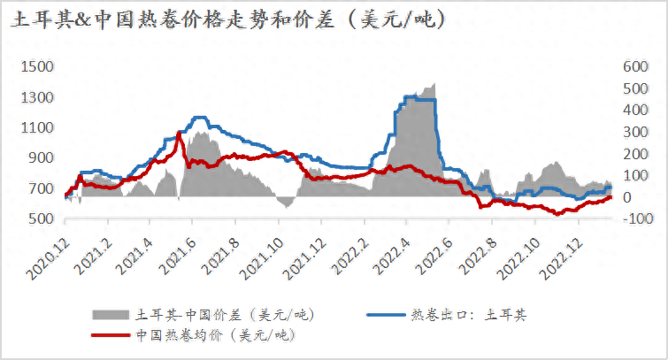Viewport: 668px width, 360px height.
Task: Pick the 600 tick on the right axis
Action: [x=636, y=66]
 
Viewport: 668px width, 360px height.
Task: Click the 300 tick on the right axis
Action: [x=636, y=132]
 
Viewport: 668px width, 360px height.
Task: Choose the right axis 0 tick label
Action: [x=627, y=197]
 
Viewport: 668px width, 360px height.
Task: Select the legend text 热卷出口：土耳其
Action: [x=473, y=314]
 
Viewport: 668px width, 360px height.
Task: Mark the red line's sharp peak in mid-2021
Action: [x=180, y=134]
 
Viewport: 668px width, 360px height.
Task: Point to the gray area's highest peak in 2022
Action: [x=434, y=84]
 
